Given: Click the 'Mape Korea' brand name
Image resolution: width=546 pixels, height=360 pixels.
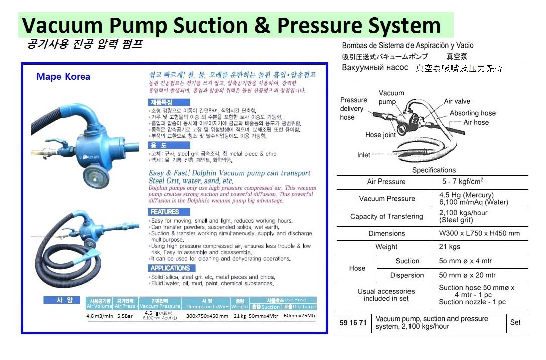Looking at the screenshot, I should (63, 77).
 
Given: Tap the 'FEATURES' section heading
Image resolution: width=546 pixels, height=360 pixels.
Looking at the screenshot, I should (164, 212).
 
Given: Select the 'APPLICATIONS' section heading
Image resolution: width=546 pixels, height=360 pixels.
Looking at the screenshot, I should (169, 268).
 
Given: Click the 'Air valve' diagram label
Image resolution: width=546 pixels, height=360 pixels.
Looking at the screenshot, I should (457, 101).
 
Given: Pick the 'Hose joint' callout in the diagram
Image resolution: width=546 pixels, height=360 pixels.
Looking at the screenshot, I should (380, 135).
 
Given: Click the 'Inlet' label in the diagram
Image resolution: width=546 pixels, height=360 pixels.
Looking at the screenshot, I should (364, 155).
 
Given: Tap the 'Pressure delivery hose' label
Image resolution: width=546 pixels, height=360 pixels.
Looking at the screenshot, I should (353, 108).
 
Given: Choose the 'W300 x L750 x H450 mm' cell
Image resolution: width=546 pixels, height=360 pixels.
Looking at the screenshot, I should (479, 233).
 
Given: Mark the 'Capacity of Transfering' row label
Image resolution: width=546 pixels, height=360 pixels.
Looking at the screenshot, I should (386, 216).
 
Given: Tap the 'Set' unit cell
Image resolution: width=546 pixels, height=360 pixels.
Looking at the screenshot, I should (515, 322).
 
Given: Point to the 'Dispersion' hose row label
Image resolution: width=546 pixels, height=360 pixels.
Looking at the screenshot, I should (407, 275).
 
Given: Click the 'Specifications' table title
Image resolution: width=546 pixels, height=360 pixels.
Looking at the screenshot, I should (434, 170).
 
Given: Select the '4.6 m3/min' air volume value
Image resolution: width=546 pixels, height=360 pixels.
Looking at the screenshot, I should (100, 316).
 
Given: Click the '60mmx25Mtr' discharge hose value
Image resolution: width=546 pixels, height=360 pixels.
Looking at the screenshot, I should (300, 316).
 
